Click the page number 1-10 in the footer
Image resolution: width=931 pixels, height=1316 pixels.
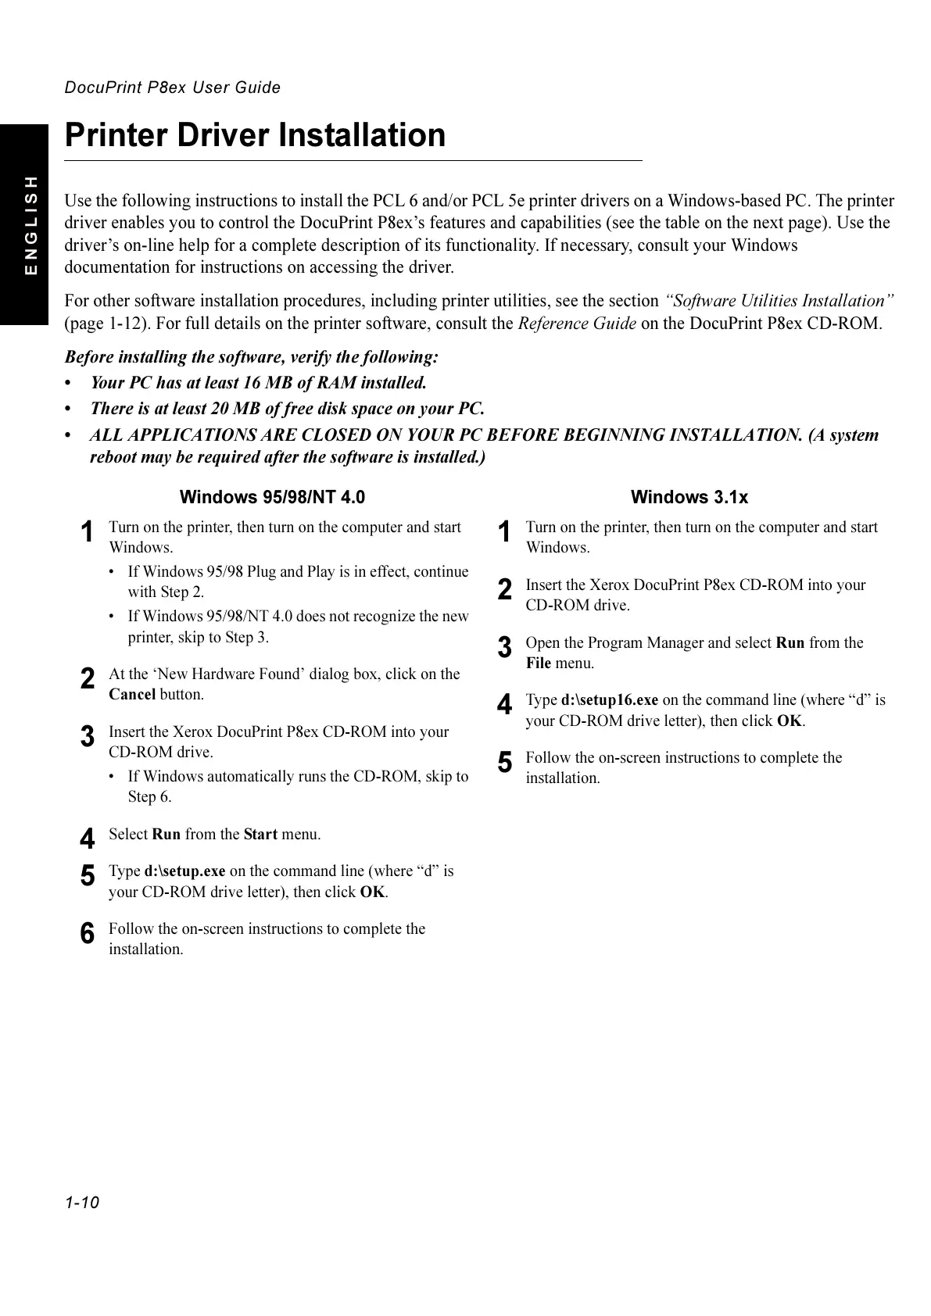[82, 1202]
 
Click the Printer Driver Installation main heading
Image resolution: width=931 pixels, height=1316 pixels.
[255, 135]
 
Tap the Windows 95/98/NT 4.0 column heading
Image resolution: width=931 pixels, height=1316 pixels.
[272, 497]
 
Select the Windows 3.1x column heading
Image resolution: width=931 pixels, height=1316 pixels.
[689, 497]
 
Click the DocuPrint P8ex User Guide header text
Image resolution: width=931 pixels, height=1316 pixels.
[172, 88]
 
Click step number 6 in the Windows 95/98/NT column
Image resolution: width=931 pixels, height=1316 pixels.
[88, 934]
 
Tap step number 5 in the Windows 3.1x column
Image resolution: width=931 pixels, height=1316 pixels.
[505, 763]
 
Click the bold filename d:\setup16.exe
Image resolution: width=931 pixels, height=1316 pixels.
[609, 700]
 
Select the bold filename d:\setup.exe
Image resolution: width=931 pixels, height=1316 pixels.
[184, 871]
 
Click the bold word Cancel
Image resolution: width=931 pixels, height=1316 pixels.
[132, 695]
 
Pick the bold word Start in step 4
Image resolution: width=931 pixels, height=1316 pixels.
[260, 835]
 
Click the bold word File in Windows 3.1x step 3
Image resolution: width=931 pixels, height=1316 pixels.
[538, 663]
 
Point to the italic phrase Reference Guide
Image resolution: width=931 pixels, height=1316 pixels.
[577, 324]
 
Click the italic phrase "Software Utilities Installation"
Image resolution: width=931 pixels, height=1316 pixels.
[779, 301]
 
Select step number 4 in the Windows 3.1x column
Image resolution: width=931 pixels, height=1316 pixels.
[505, 705]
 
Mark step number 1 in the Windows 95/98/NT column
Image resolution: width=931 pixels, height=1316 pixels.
[88, 532]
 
